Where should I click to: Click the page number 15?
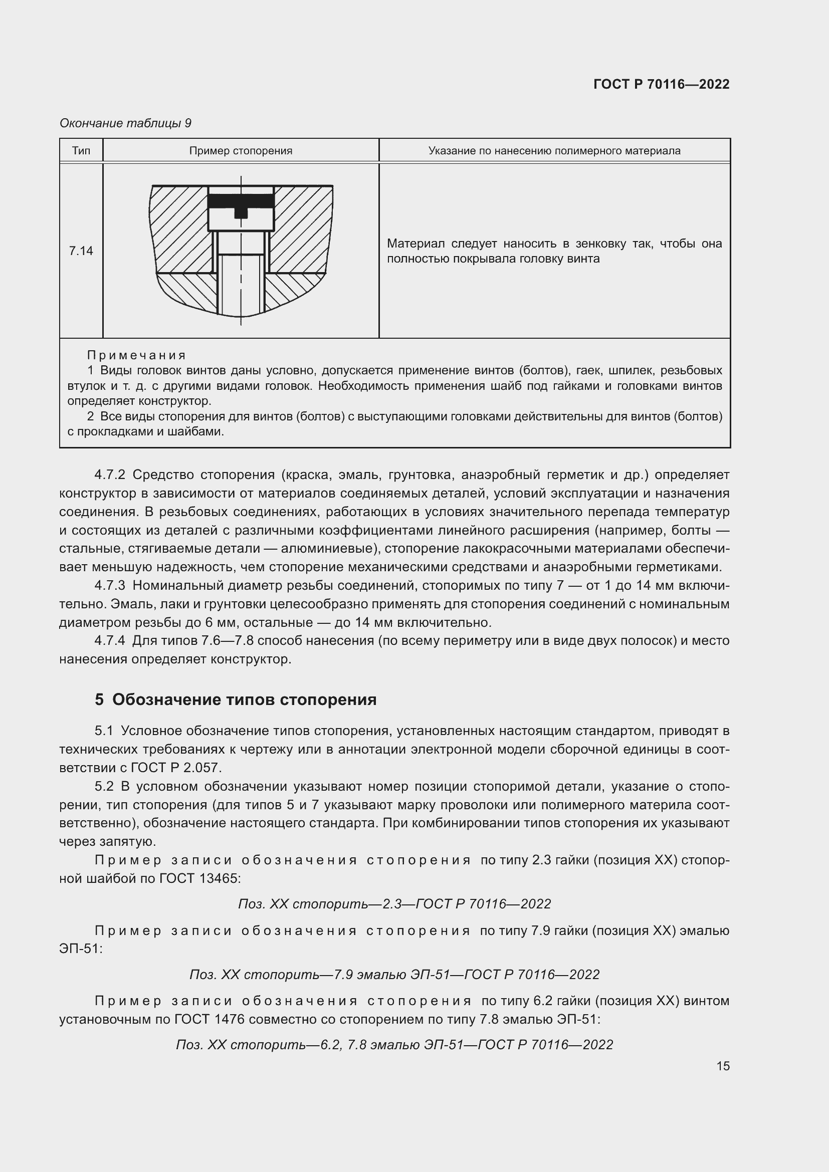click(723, 1066)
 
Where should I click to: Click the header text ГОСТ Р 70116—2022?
click(661, 85)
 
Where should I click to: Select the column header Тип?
click(81, 151)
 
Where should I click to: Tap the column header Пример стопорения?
click(241, 151)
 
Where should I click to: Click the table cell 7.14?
click(81, 251)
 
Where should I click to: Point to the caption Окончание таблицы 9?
click(126, 123)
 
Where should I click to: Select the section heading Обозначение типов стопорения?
click(244, 699)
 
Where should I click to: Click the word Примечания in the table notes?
click(136, 355)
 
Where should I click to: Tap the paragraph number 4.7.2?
click(110, 475)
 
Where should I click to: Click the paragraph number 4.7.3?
click(110, 585)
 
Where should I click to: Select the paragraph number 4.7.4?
click(110, 641)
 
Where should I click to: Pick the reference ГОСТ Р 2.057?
click(176, 768)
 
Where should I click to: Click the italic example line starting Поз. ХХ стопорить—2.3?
click(394, 904)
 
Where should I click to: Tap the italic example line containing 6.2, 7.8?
click(394, 1044)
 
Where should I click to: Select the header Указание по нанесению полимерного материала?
click(554, 151)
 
